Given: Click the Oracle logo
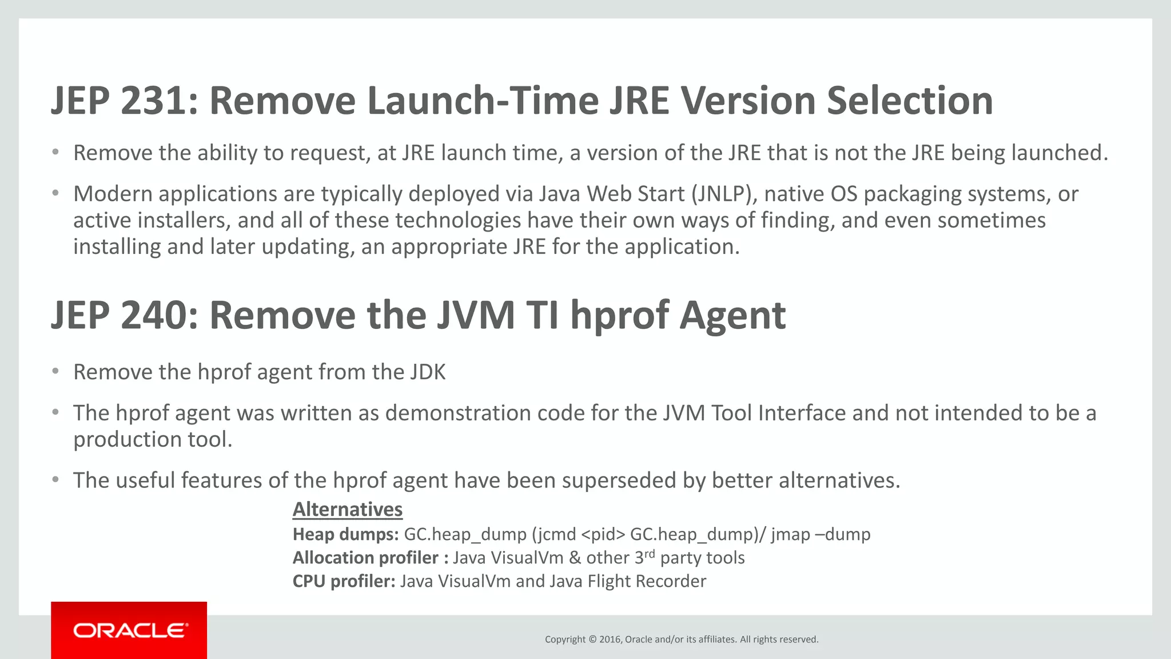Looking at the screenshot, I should [129, 630].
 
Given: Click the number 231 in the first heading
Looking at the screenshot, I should [153, 101].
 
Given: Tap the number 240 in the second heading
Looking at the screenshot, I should [153, 315].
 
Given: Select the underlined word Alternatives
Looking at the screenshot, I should [348, 509].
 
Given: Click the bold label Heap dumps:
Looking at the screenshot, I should [345, 534].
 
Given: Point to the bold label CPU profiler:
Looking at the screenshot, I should [344, 581].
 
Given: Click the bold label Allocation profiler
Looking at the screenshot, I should [365, 558].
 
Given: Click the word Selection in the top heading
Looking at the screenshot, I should [910, 101].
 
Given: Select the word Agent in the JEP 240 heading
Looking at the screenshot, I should [732, 315].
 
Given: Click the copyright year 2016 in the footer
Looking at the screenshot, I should [610, 640].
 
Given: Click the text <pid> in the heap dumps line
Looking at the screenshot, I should [603, 534].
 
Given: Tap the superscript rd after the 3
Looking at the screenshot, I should [650, 554].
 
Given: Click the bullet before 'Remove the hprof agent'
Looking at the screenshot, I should [55, 372].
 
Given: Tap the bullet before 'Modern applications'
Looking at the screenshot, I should [55, 193].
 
